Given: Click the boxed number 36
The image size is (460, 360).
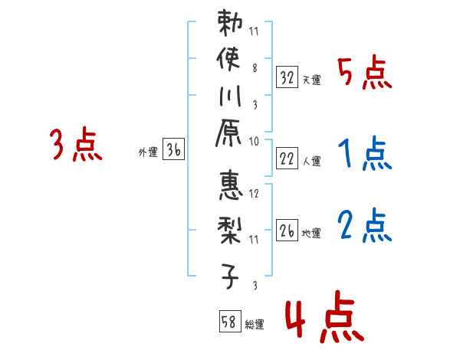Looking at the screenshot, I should point(174,151).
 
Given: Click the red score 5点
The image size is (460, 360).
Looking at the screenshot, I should point(364,74).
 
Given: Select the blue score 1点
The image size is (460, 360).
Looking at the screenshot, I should point(364,155).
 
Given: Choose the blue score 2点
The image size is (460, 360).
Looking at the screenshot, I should point(364,226).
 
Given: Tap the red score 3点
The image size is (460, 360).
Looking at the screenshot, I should point(76,145).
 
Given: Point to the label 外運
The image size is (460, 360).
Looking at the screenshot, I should point(148,152).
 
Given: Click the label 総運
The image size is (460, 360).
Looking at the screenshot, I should point(255,325).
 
